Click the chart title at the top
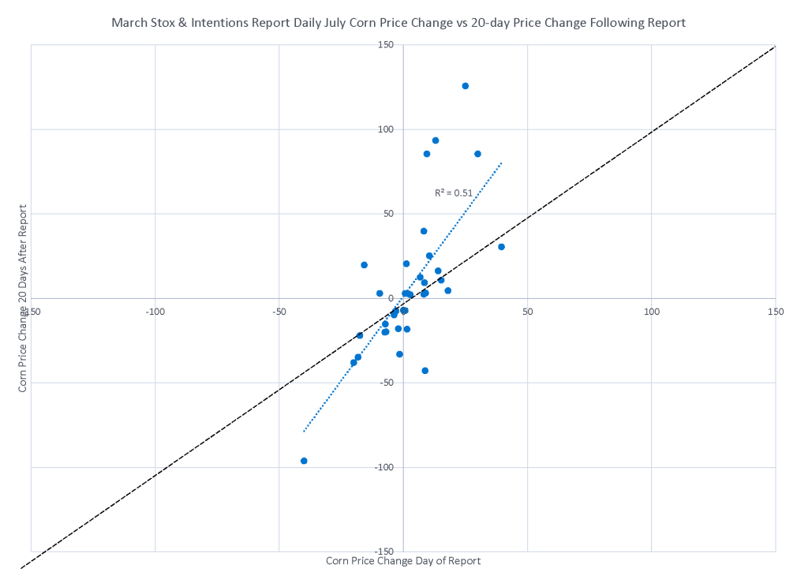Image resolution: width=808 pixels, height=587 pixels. coord(398,23)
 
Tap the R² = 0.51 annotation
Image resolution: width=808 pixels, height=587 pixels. coord(454,193)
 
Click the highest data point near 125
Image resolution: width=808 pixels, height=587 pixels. coord(466,86)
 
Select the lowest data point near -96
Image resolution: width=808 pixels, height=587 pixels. coord(304,461)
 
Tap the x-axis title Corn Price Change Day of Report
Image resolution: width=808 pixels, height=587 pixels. coord(403,561)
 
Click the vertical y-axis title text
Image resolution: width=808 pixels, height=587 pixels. coord(23,298)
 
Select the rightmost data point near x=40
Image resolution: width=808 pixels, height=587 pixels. coord(501,247)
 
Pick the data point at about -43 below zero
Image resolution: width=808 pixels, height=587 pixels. coord(425,371)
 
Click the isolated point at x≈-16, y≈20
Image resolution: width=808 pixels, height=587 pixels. coord(364,265)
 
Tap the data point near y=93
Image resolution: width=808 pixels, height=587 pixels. coord(436,140)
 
